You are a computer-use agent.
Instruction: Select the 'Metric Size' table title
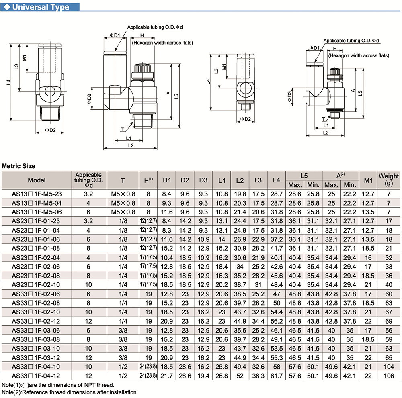tap(18, 166)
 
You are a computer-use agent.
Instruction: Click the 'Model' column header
tap(37, 180)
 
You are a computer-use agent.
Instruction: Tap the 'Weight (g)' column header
tap(389, 180)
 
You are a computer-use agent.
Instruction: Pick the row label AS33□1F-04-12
tap(37, 376)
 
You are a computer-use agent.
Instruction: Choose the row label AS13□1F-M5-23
tap(37, 194)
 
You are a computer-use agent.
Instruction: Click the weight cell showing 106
tap(389, 376)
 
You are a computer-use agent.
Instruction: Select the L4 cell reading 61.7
tap(276, 376)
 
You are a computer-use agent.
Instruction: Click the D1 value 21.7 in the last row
tap(167, 376)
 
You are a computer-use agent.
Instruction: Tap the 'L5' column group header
tap(304, 176)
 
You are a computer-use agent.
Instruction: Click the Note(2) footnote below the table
tap(70, 392)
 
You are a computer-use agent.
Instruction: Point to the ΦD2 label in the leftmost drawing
tap(50, 130)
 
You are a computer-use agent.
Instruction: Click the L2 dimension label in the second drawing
tap(131, 145)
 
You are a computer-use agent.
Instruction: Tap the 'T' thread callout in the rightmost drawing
tap(324, 119)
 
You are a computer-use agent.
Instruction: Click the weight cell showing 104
tap(389, 367)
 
